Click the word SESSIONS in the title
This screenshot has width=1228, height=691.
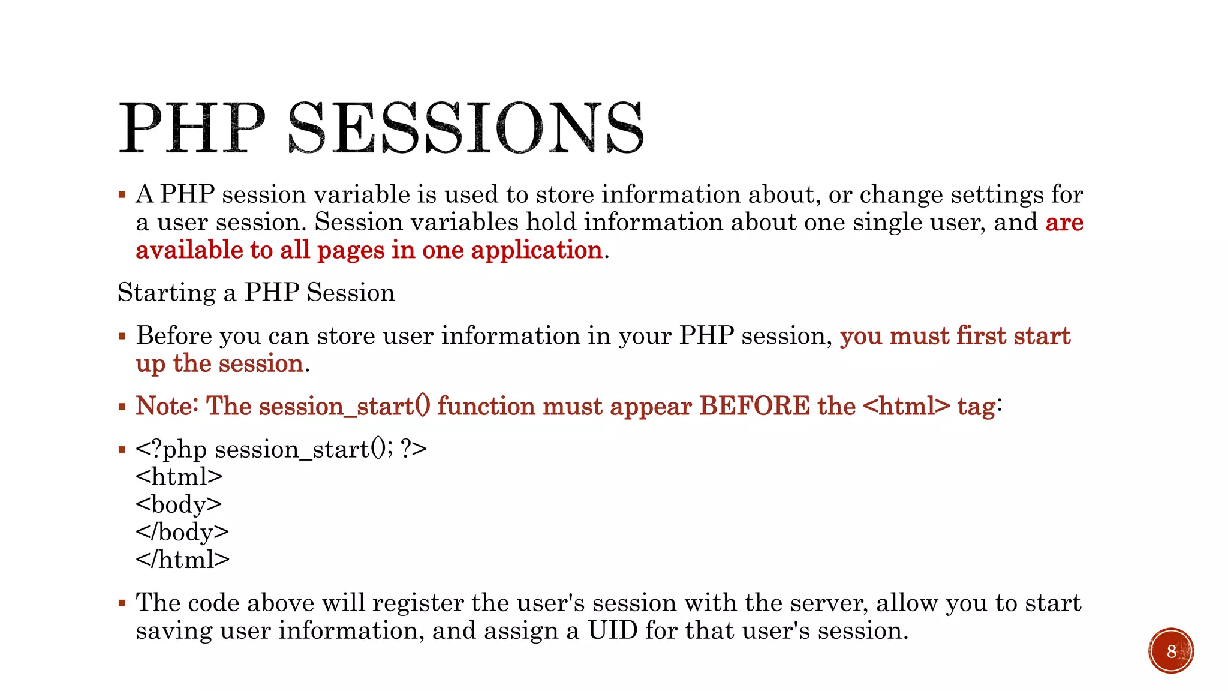tap(465, 128)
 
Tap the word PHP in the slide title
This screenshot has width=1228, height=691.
tap(192, 128)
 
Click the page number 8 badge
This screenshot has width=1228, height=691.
tap(1170, 651)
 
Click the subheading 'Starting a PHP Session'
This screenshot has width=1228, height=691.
tap(256, 293)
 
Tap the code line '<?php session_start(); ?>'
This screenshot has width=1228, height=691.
tap(281, 449)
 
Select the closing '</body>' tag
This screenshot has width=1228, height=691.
tap(182, 532)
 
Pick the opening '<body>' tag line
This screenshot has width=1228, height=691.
tap(179, 504)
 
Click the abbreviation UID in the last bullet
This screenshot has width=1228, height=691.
tap(612, 630)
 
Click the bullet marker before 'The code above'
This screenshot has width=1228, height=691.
tap(122, 603)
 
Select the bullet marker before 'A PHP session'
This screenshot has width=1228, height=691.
tap(122, 194)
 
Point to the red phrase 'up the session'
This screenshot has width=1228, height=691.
tap(219, 364)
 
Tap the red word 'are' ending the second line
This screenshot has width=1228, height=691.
tap(1064, 223)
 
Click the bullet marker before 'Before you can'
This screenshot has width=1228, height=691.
tap(122, 336)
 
